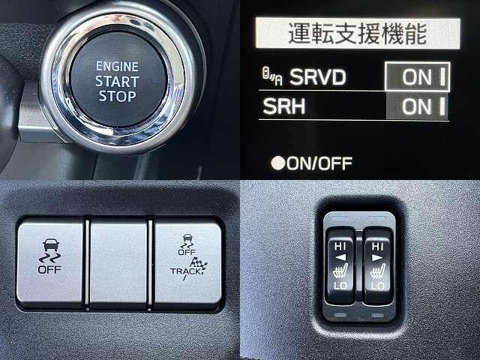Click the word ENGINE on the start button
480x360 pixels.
117,67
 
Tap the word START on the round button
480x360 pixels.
117,82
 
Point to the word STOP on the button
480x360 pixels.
117,96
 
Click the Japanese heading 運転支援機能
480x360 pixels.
358,33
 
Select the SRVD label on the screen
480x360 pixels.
318,76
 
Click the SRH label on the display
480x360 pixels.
284,106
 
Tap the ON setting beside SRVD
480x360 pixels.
417,76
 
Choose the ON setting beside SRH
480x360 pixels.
417,106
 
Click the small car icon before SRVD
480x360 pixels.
272,76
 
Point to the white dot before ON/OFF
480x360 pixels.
278,163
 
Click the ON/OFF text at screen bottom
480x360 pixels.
319,163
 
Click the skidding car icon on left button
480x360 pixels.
50,251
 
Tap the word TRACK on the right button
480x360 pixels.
185,271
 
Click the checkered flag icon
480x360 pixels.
198,264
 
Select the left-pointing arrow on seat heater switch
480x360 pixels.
340,258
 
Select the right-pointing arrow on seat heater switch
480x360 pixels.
377,258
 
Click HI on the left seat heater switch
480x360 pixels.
340,246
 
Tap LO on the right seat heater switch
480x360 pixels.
378,286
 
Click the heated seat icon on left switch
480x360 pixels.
340,271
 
